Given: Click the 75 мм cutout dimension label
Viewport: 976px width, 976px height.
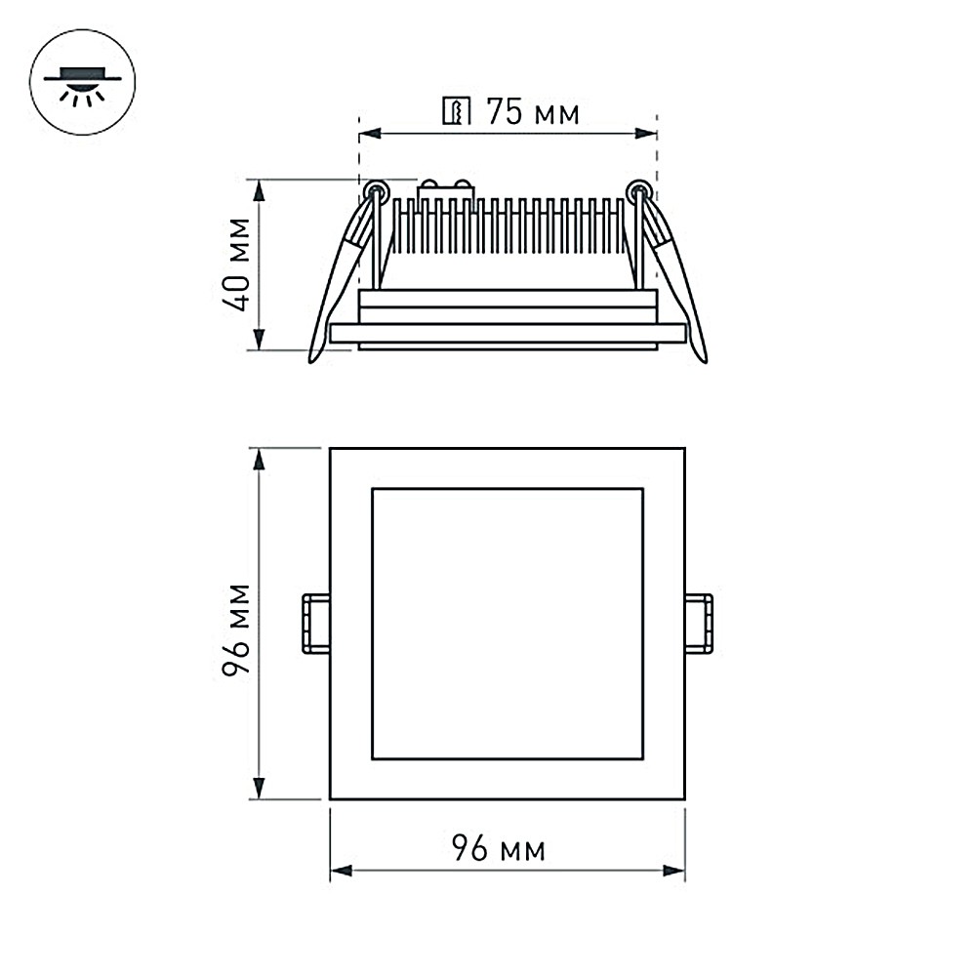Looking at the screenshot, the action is (x=533, y=112).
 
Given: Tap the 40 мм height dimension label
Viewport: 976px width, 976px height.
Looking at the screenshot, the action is (x=237, y=264).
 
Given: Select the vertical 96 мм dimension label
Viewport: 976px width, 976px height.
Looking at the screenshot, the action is (x=237, y=630).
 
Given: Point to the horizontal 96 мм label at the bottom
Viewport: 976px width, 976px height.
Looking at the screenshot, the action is (x=499, y=848).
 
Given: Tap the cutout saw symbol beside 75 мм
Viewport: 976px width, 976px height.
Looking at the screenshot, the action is (x=457, y=111).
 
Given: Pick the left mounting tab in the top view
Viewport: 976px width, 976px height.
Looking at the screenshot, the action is (x=316, y=625).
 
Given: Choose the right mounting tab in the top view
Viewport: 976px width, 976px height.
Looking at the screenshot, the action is (x=699, y=625).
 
